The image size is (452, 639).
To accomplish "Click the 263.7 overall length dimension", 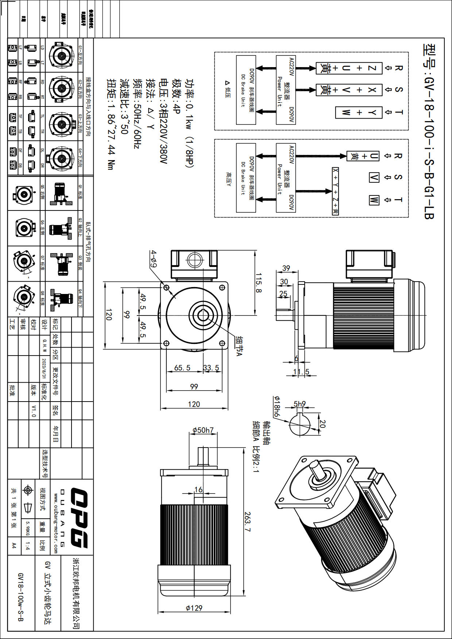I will pyautogui.click(x=247, y=522).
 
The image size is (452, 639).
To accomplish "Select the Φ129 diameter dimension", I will pyautogui.click(x=194, y=608).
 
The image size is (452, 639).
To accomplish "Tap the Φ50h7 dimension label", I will pyautogui.click(x=203, y=430).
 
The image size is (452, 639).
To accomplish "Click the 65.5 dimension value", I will pyautogui.click(x=182, y=368).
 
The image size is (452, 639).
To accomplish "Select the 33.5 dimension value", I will pyautogui.click(x=211, y=368).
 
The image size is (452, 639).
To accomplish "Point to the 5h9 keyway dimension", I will pyautogui.click(x=300, y=404).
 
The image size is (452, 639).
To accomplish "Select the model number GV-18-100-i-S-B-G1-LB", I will pyautogui.click(x=429, y=131).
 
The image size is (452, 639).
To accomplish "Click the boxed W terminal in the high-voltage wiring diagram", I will pyautogui.click(x=374, y=200).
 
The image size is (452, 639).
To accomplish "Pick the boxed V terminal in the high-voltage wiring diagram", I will pyautogui.click(x=374, y=178).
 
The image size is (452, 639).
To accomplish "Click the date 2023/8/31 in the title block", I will pyautogui.click(x=44, y=368).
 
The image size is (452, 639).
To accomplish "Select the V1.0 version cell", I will pyautogui.click(x=34, y=411).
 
